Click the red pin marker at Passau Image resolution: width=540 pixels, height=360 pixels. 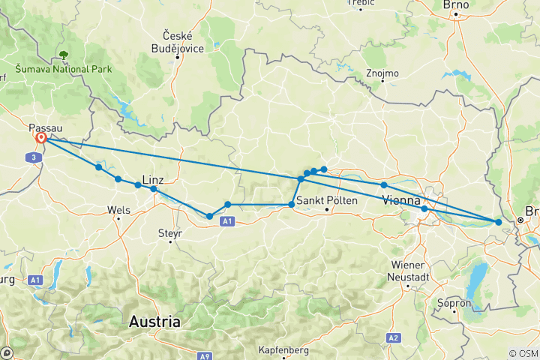point(40,139)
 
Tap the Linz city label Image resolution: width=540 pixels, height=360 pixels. point(152,179)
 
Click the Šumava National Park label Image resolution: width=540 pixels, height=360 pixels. point(64,69)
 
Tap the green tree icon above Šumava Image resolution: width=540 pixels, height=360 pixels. point(63,55)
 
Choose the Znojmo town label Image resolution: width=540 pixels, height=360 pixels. point(383,73)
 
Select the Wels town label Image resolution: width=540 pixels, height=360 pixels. point(119,210)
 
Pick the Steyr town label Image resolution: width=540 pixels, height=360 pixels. point(170,233)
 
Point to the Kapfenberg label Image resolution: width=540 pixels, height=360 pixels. point(284,349)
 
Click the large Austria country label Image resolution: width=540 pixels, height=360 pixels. point(155,322)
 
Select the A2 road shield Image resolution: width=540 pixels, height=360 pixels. point(394,338)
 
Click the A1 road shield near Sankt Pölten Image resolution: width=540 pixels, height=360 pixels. point(229,220)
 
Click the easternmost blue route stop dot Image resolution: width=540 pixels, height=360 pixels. point(499,221)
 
